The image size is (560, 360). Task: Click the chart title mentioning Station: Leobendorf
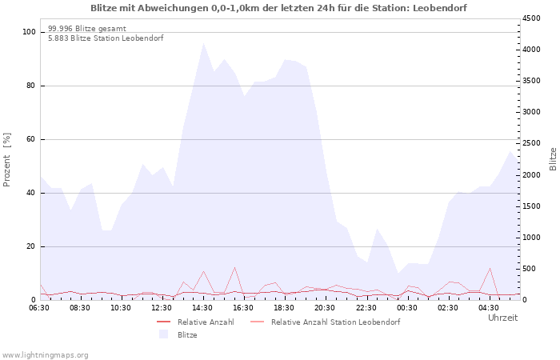pos(278,8)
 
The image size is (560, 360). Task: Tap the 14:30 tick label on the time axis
pos(202,308)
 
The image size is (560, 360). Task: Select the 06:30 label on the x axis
pos(39,308)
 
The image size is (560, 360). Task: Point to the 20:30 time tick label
pos(325,308)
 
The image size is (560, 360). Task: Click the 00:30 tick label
pos(406,308)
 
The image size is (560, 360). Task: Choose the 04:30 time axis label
pos(488,308)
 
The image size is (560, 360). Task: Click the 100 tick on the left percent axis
pos(29,32)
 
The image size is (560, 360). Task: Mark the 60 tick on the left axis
pos(30,139)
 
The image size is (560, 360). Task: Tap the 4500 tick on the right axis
pos(531,18)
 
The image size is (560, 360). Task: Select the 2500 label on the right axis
pos(531,143)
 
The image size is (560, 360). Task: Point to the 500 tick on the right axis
pos(529,269)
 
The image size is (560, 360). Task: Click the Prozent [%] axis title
pos(6,160)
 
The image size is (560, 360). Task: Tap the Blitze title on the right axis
pos(553,159)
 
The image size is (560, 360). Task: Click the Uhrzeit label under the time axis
pos(503,318)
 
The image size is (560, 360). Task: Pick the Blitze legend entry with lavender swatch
pos(178,334)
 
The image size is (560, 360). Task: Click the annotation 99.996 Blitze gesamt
pos(87,29)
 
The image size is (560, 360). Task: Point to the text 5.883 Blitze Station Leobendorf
pos(106,38)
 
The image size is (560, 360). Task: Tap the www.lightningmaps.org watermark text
pos(45,355)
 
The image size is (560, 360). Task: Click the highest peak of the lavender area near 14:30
pos(203,43)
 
